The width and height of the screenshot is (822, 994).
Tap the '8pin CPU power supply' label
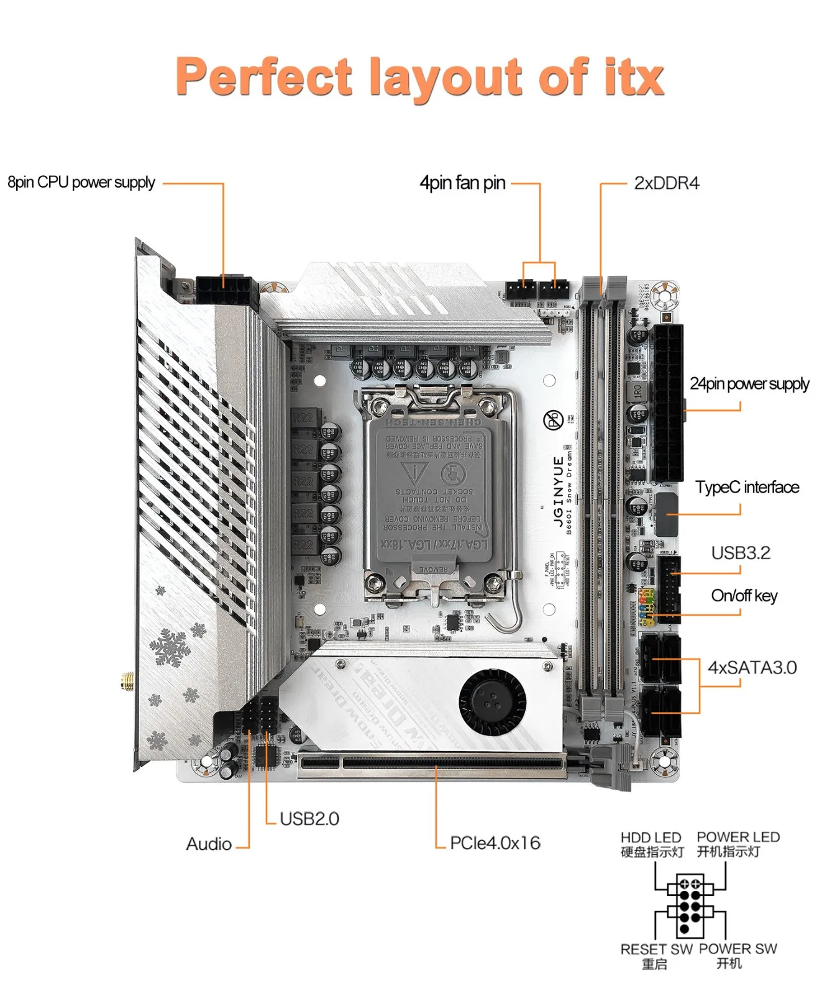click(x=81, y=182)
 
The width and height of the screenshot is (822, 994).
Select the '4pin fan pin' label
click(x=462, y=183)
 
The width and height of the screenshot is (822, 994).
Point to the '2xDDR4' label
click(x=666, y=183)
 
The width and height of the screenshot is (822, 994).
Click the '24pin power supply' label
click(x=749, y=384)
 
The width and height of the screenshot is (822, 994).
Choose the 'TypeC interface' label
click(x=747, y=487)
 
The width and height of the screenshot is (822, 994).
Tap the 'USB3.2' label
click(x=741, y=553)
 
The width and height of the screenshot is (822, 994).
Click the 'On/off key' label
click(x=744, y=596)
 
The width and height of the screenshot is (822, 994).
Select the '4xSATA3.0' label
click(x=752, y=667)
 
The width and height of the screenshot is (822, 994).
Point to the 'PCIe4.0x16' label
click(x=495, y=843)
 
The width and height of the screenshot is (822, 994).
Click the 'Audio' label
click(x=209, y=844)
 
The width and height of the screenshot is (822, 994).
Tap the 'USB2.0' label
click(x=309, y=819)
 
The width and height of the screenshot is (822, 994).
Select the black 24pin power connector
click(x=667, y=403)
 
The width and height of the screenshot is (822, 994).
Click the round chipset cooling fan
click(x=492, y=702)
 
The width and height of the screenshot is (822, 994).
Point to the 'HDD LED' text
click(x=651, y=837)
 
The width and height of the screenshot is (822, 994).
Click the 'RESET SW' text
click(x=656, y=949)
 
